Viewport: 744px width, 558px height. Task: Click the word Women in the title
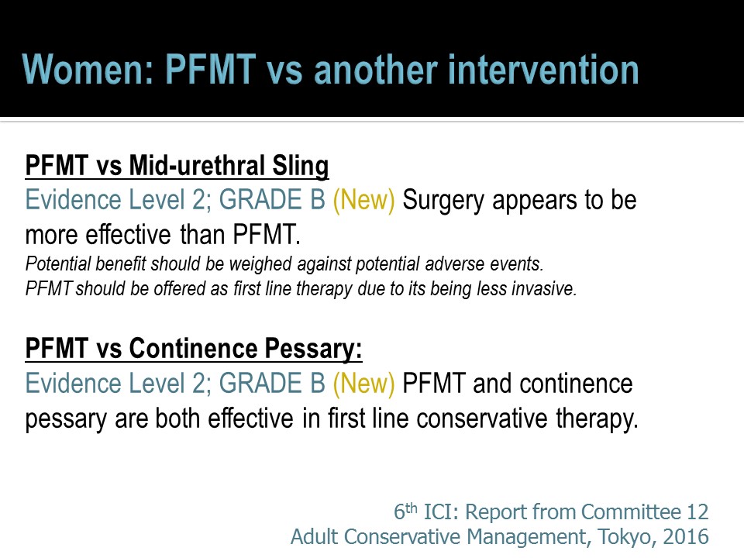click(x=88, y=70)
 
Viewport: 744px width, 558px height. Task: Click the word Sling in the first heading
click(x=301, y=167)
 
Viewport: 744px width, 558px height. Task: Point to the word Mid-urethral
click(x=197, y=166)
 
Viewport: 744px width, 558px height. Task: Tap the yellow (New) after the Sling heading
click(x=364, y=200)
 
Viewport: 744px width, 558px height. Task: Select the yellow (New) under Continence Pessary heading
click(x=364, y=384)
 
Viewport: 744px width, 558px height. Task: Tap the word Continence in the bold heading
click(x=193, y=348)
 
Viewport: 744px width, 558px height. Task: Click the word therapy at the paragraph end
click(x=597, y=419)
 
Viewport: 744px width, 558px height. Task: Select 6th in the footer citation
click(x=405, y=511)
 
